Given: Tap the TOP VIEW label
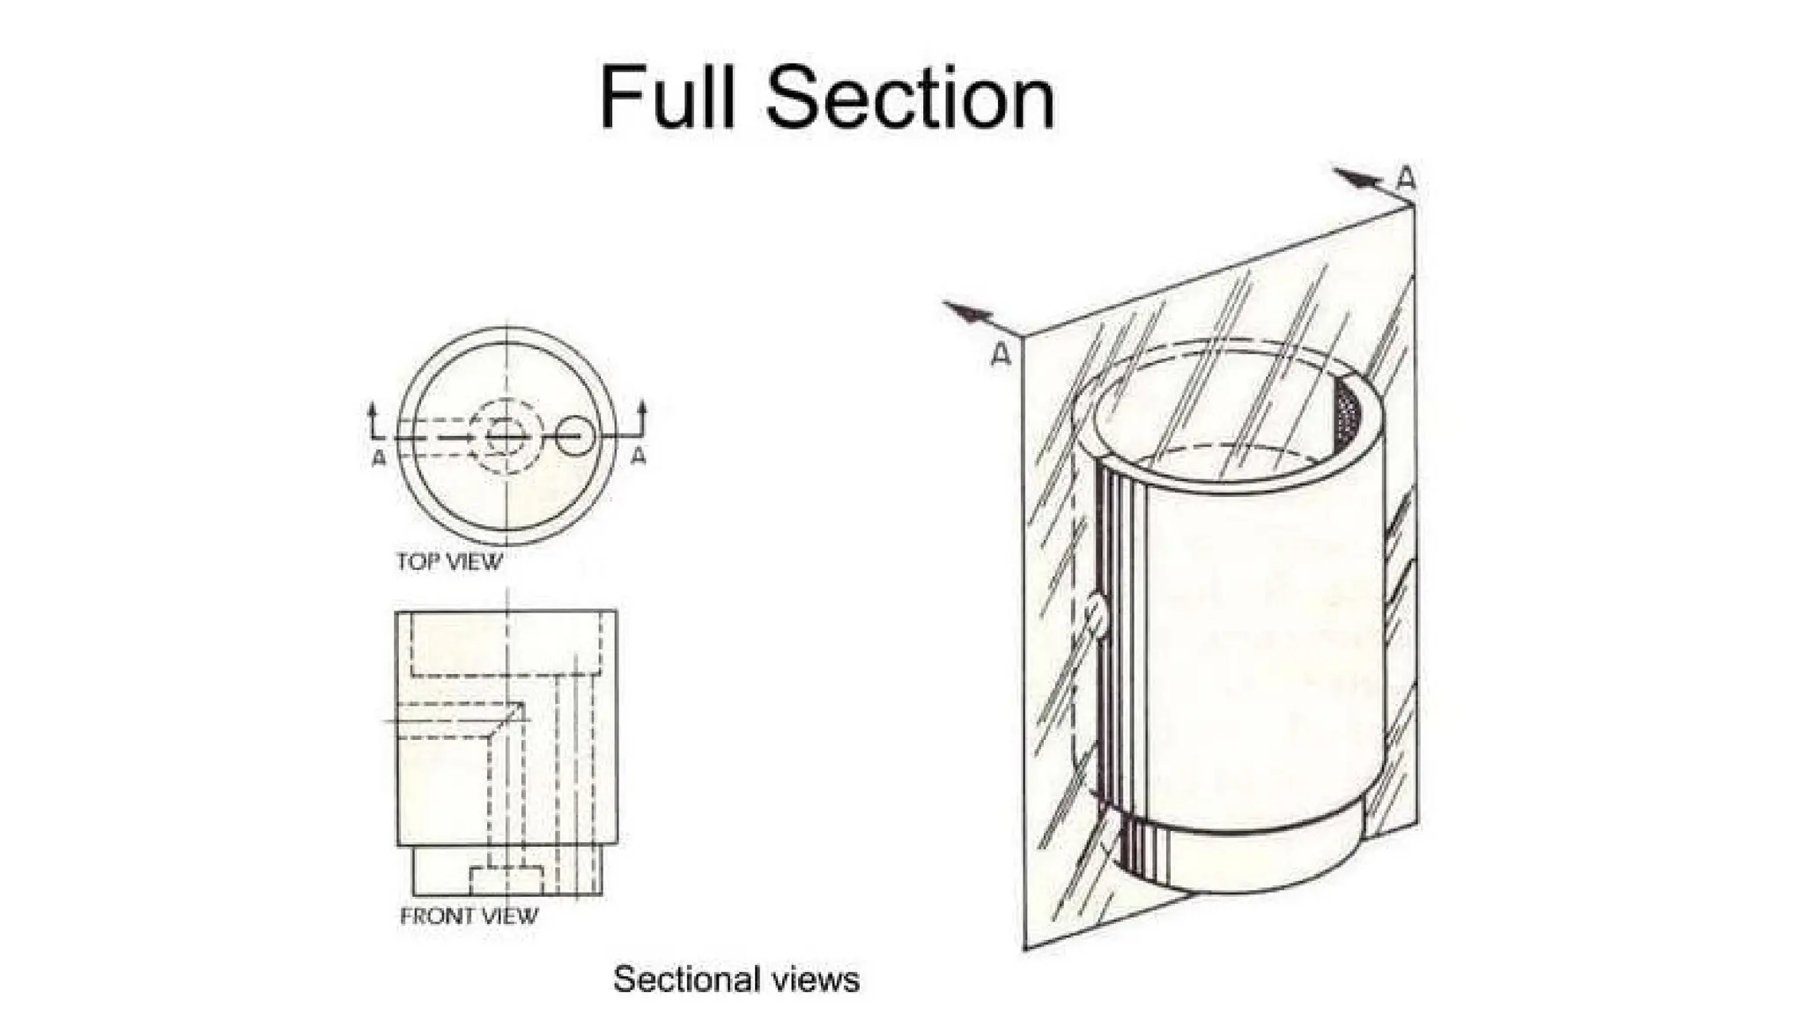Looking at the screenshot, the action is click(449, 562).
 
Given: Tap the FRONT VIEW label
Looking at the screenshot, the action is click(469, 916).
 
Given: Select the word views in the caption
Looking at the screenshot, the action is click(816, 980).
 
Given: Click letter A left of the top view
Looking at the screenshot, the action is click(379, 458).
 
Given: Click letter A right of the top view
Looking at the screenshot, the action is click(639, 456).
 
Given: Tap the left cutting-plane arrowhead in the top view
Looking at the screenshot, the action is click(373, 410).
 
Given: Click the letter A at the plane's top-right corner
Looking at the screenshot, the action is click(1406, 179).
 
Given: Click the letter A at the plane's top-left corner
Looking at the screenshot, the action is click(1000, 354).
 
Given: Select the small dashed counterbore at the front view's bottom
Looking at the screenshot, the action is click(506, 880).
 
